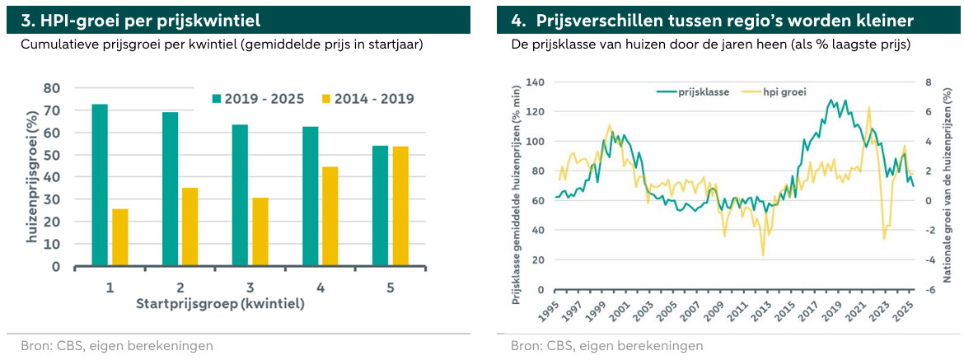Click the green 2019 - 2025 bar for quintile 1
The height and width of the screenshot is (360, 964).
(x=99, y=185)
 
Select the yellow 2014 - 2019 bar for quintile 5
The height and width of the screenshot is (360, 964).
(x=400, y=206)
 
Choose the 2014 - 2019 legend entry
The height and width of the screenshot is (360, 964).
(x=368, y=99)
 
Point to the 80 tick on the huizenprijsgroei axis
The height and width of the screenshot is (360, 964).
(x=52, y=88)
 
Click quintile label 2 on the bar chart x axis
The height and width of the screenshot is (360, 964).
(x=180, y=288)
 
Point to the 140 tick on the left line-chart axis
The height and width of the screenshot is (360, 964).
(x=536, y=82)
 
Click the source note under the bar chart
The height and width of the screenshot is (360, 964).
(x=117, y=346)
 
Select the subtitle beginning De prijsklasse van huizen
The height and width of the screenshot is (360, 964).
(x=710, y=44)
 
